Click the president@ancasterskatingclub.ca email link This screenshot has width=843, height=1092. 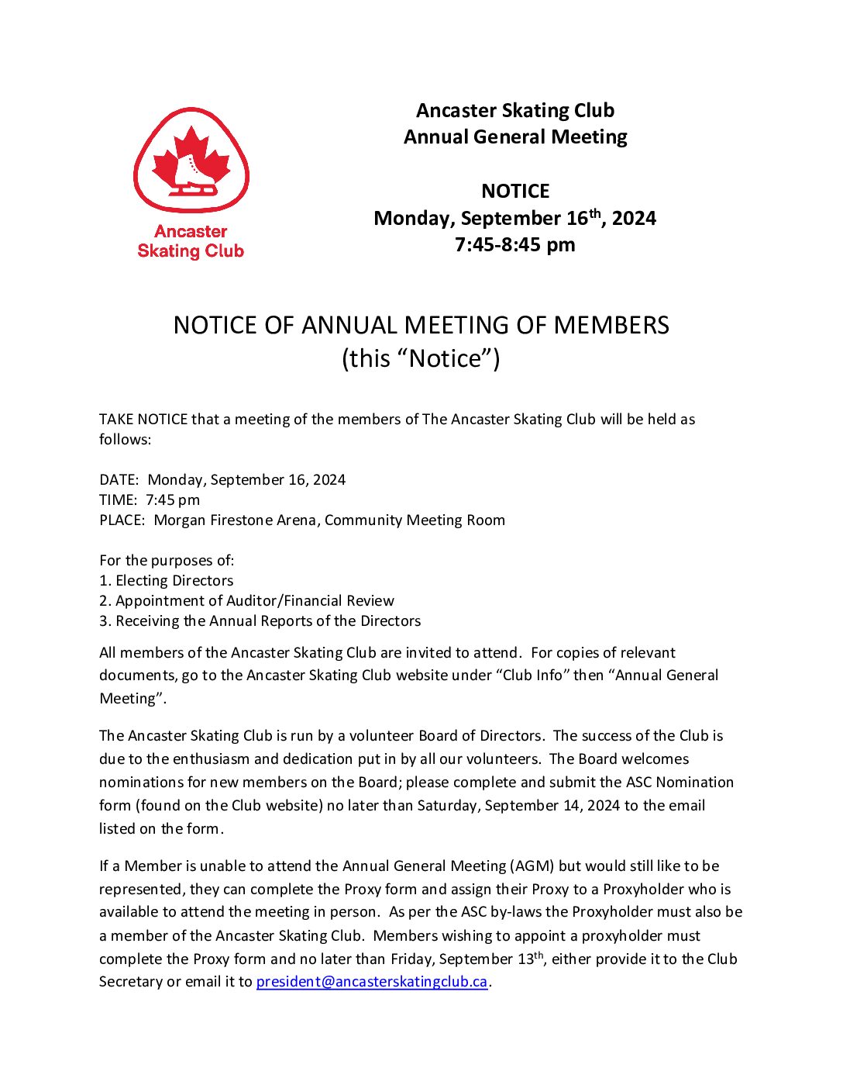click(x=372, y=982)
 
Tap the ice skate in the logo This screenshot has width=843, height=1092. click(x=194, y=174)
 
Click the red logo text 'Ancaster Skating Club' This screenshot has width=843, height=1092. click(x=191, y=241)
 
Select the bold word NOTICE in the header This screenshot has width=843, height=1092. click(x=515, y=191)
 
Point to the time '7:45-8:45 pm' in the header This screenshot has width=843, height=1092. click(x=515, y=245)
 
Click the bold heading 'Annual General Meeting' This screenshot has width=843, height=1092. click(x=515, y=137)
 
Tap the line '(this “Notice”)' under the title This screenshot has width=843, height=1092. click(x=421, y=358)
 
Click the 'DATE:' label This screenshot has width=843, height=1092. click(x=119, y=480)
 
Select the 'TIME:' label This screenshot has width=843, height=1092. click(x=118, y=500)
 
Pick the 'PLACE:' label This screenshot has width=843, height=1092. click(x=122, y=520)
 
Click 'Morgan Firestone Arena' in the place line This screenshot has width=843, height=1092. click(x=236, y=520)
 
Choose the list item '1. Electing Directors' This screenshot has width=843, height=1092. click(x=166, y=581)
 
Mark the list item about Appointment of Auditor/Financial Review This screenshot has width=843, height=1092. click(x=246, y=601)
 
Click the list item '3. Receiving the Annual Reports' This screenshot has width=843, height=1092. click(x=260, y=621)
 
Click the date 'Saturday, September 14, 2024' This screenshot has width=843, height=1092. click(x=518, y=806)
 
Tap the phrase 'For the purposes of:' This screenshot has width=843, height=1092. click(x=167, y=561)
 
